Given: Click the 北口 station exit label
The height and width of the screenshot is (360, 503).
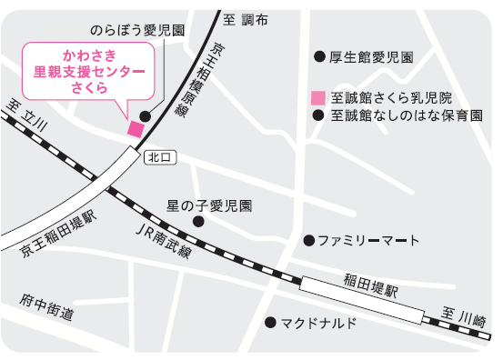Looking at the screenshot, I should click(x=158, y=157).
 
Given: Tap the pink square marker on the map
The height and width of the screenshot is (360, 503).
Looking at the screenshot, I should click(x=136, y=128).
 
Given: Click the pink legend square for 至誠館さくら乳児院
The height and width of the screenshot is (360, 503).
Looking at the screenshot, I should click(x=317, y=97).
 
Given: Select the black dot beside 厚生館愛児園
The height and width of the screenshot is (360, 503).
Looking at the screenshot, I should click(x=318, y=56).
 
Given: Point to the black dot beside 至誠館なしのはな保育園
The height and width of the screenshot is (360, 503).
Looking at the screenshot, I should click(x=317, y=115).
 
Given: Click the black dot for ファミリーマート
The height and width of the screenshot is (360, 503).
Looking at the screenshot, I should click(x=308, y=241).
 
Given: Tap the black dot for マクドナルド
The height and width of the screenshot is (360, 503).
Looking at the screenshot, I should click(x=270, y=322).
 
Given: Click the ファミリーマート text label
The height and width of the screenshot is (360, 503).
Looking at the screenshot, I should click(x=368, y=241).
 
